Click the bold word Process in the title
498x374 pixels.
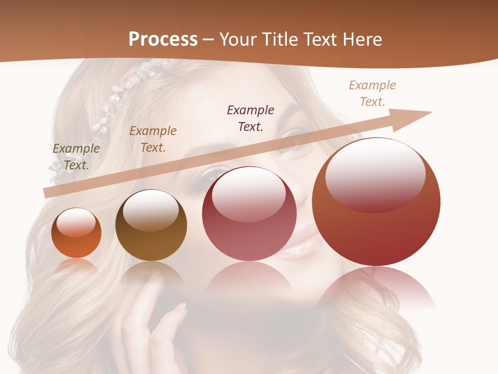[163, 39]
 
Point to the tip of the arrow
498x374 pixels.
[431, 112]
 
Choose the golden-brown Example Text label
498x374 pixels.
[153, 139]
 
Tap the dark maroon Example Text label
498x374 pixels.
[251, 118]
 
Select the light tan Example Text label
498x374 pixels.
[372, 94]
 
